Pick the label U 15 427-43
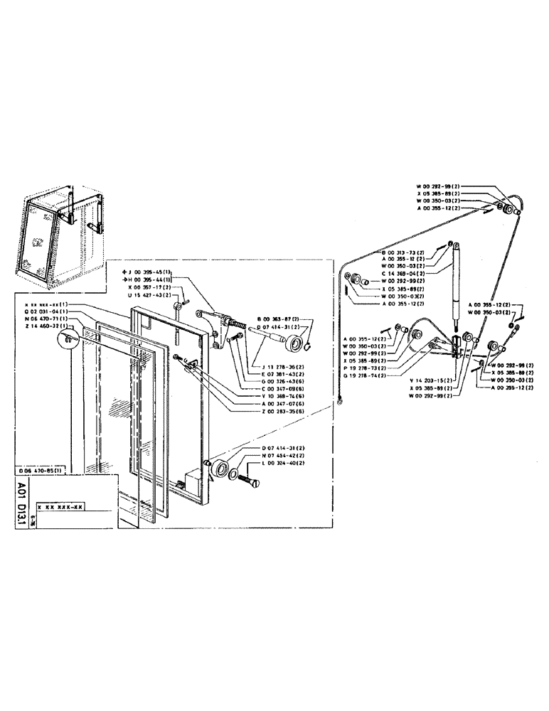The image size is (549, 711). click(x=149, y=294)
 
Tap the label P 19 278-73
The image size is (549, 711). click(x=366, y=368)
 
